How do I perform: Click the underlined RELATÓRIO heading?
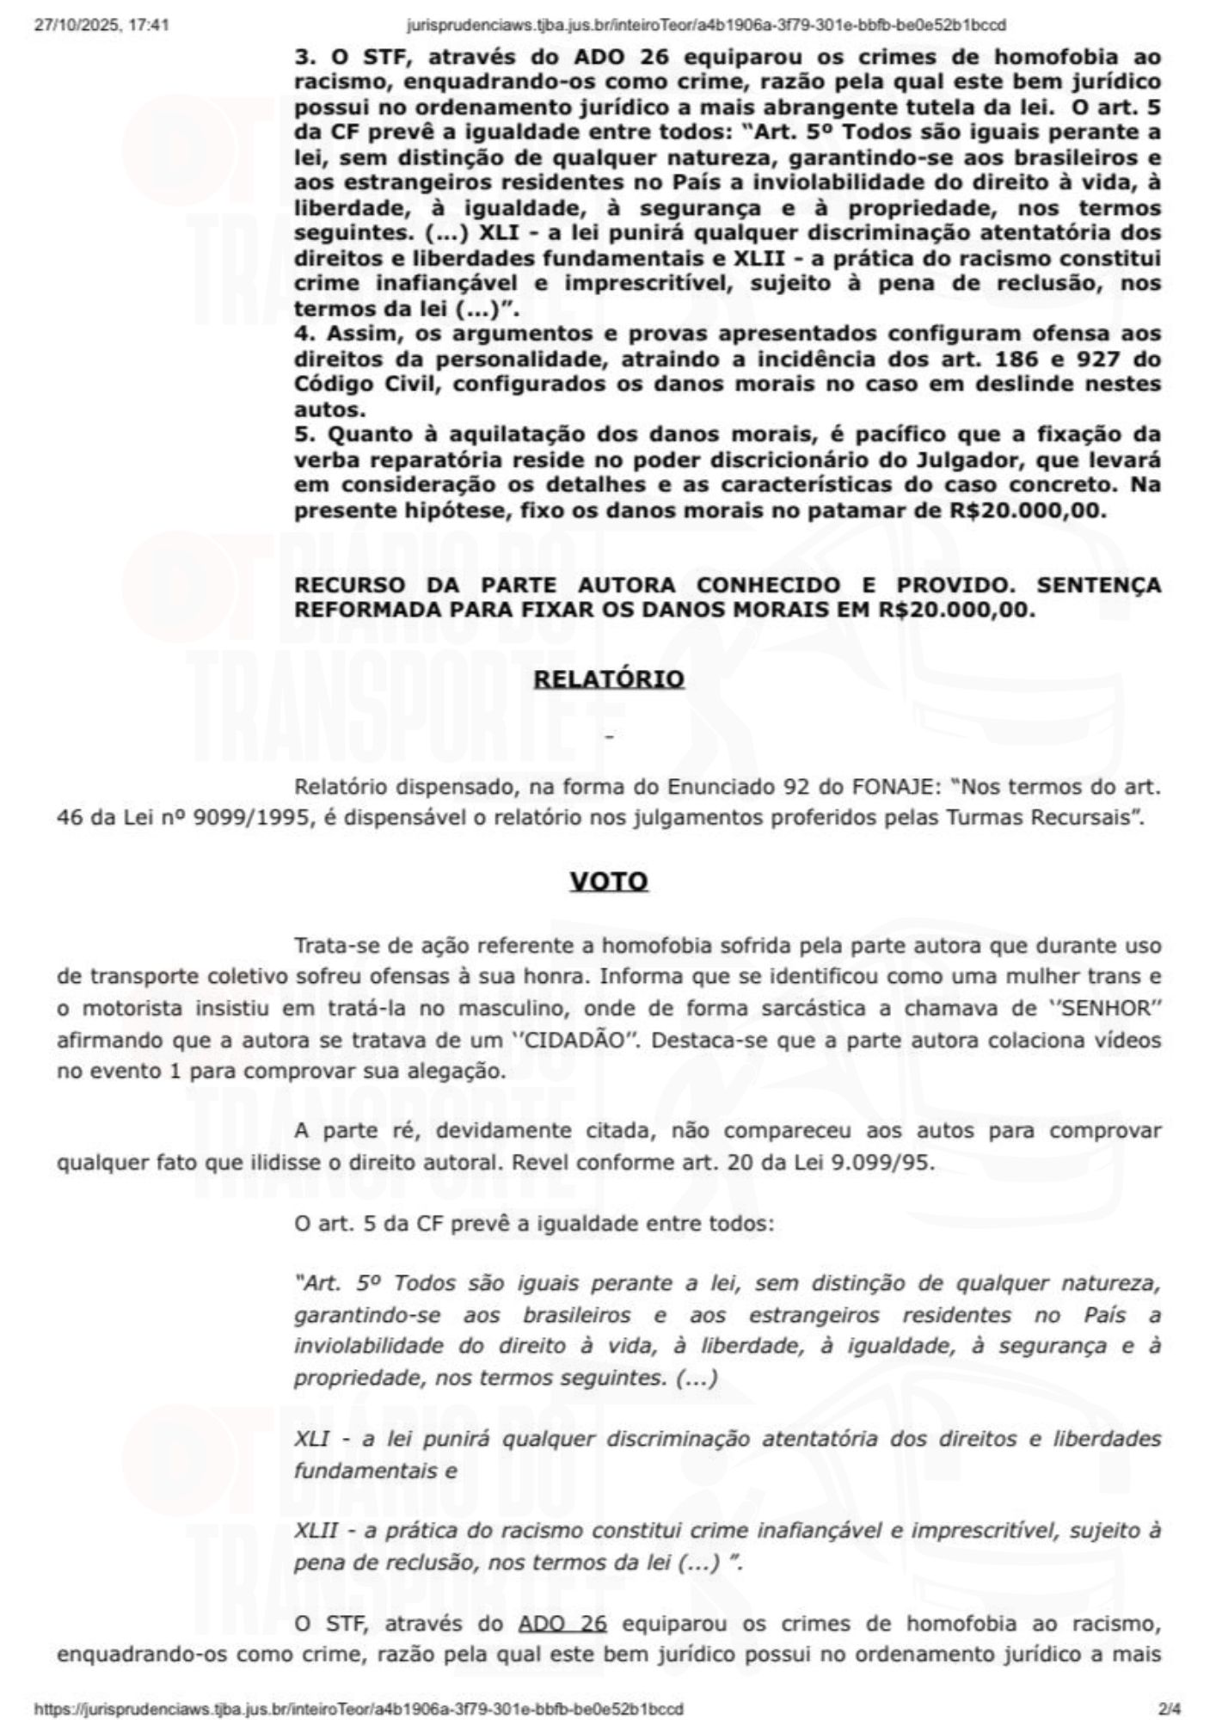609,679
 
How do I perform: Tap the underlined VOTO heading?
608,882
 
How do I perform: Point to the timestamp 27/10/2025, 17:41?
101,25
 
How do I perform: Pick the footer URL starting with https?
359,1708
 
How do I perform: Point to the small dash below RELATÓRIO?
609,737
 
